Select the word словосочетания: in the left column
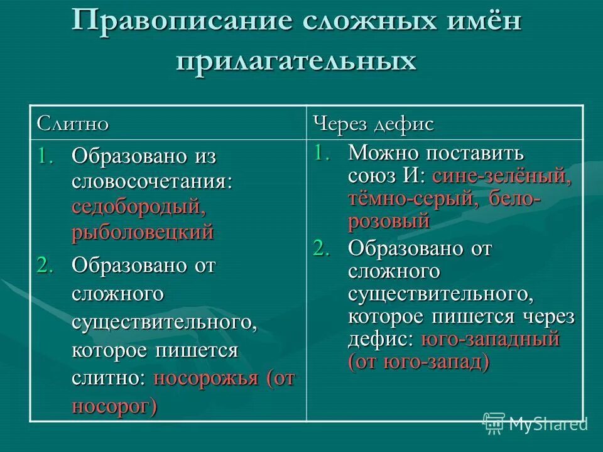[x=152, y=181]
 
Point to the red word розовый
[x=388, y=221]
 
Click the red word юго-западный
[x=489, y=340]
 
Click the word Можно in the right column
[x=383, y=152]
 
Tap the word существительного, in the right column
[x=440, y=294]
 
